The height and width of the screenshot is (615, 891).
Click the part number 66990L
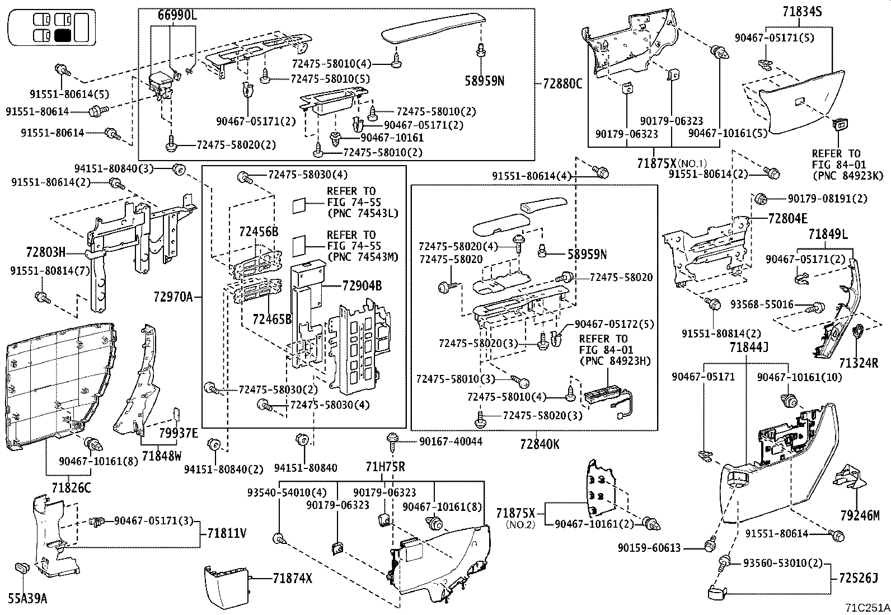173,16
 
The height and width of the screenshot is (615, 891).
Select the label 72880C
562,84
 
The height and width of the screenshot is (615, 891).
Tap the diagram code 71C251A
867,608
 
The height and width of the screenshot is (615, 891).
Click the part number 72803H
45,251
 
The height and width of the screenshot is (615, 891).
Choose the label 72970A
173,297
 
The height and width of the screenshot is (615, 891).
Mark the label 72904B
362,286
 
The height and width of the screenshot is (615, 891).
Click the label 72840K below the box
539,444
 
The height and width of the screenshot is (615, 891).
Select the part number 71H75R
385,467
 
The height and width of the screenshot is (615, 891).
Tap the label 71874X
292,579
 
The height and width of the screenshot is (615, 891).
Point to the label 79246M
859,515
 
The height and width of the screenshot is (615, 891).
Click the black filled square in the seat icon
62,36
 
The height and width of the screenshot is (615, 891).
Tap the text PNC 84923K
847,175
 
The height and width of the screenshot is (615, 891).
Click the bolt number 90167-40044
451,442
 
